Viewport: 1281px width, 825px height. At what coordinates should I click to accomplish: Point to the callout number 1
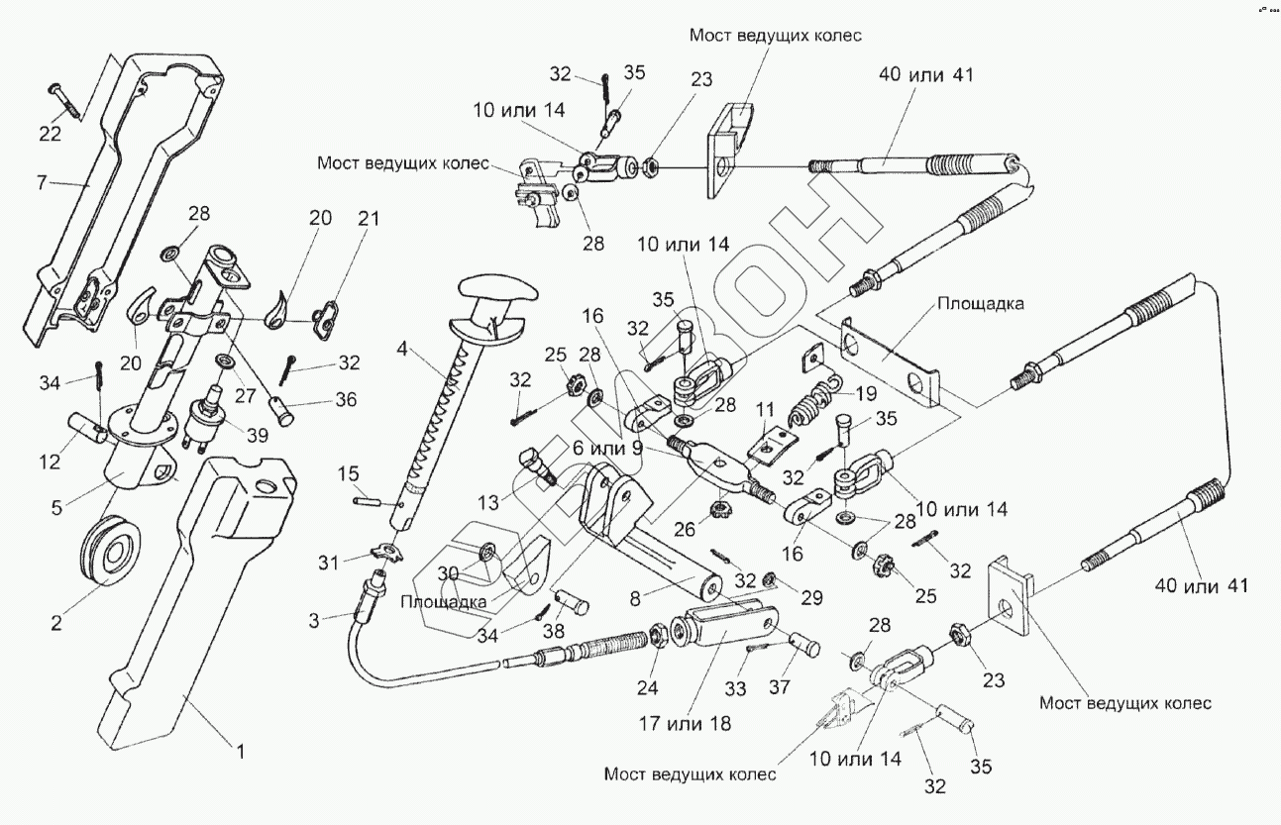(x=239, y=750)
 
